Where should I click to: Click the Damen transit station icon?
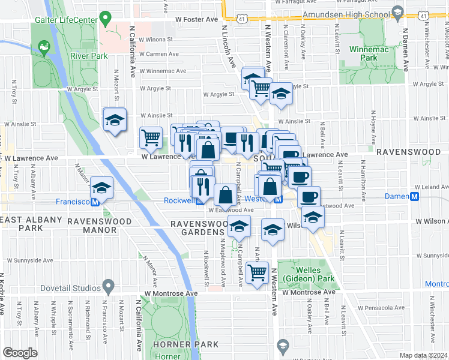point(414,197)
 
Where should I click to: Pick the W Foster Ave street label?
point(196,19)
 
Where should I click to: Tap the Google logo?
point(20,352)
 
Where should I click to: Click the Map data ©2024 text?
point(423,355)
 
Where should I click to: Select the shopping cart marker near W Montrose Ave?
point(258,273)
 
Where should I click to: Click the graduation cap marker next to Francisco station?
point(102,187)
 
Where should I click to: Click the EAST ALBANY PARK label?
point(27,224)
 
